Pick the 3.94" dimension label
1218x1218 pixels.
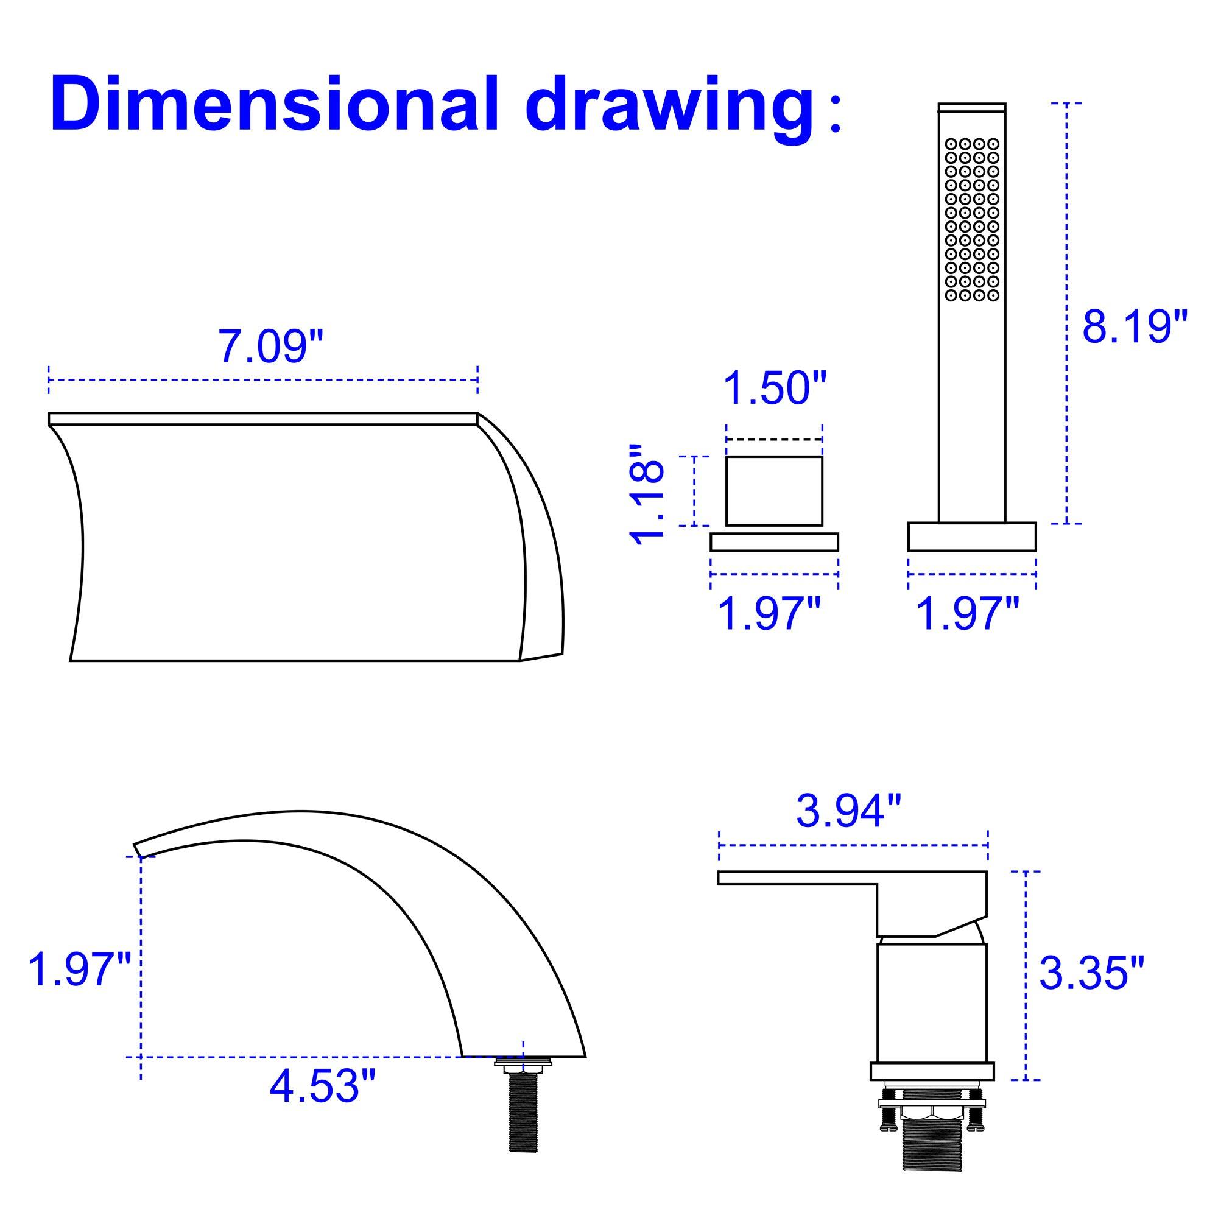pos(848,812)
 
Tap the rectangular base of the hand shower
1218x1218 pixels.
pos(971,537)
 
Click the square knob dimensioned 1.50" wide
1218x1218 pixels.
pos(774,490)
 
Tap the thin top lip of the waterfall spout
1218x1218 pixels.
pos(262,418)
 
